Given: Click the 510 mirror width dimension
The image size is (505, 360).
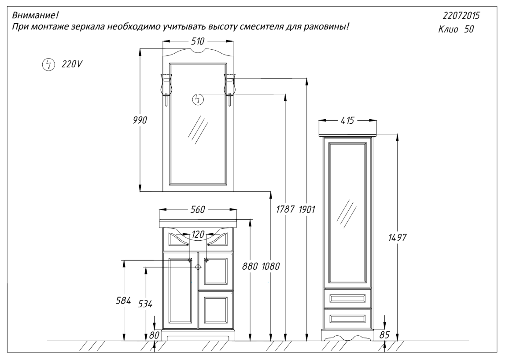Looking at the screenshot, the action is [x=198, y=41].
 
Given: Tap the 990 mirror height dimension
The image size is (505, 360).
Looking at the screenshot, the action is [x=140, y=120].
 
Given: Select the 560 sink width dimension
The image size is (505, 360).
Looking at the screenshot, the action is [x=198, y=209].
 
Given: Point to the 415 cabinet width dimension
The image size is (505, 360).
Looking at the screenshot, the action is [x=347, y=121].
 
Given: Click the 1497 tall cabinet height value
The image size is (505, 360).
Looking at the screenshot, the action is [x=398, y=238].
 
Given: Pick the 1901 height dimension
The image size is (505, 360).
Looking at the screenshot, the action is [x=306, y=209].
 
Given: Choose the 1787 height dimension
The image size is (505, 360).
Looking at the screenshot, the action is [x=285, y=209].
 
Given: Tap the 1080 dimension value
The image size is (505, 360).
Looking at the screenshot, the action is [x=270, y=266].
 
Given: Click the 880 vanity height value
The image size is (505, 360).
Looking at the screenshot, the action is [x=250, y=266].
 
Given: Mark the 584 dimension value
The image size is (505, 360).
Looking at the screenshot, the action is [x=123, y=301].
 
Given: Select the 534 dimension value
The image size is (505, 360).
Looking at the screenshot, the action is [x=145, y=304].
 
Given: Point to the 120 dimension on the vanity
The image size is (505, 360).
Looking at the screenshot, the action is [x=198, y=234].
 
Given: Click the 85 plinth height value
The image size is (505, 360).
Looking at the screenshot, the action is [x=384, y=335].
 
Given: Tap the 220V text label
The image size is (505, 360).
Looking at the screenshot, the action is [x=72, y=64].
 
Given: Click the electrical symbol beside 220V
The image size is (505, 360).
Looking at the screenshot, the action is [x=48, y=64].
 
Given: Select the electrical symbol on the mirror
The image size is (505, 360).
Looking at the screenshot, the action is [x=198, y=99].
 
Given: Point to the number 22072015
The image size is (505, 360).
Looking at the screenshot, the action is [x=461, y=15].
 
